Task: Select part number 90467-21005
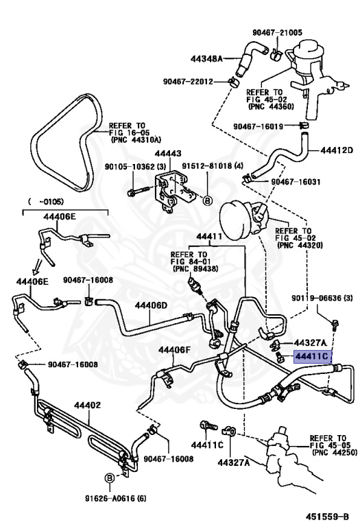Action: [x=277, y=33]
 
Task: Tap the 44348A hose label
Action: [x=206, y=59]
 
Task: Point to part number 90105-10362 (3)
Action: [x=135, y=167]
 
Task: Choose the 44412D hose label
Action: [x=337, y=150]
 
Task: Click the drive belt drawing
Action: [x=67, y=143]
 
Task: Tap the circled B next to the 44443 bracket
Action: [x=208, y=201]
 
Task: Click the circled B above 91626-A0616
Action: [x=109, y=478]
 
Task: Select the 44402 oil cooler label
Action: [x=87, y=405]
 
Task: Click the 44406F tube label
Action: [x=174, y=350]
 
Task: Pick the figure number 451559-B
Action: [x=327, y=517]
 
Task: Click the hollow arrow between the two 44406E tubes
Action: [x=38, y=266]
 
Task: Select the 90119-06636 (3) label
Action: [x=322, y=298]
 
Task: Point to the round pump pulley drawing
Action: [x=235, y=220]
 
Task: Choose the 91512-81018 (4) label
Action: [x=213, y=166]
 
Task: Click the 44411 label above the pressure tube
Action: [x=209, y=237]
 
